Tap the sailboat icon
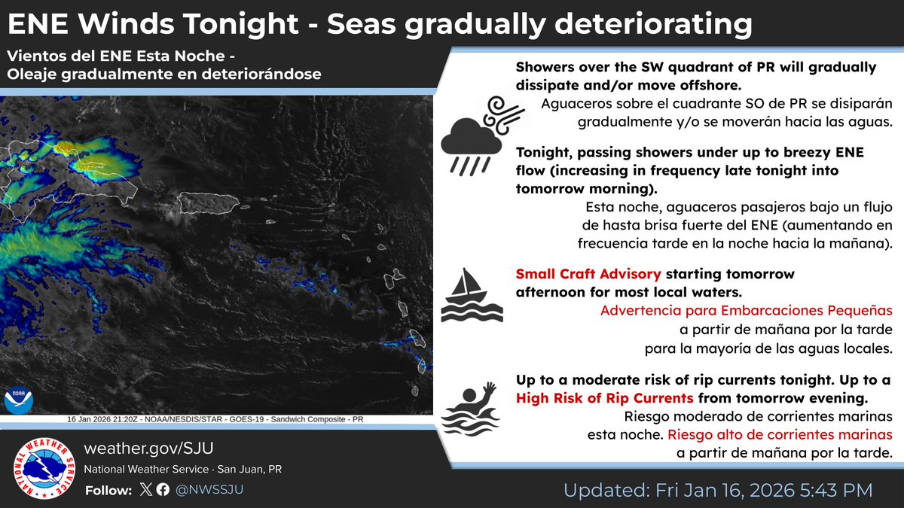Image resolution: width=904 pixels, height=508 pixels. [x=472, y=294]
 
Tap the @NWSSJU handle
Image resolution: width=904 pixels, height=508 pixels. [x=209, y=490]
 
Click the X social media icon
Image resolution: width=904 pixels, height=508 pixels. [x=145, y=490]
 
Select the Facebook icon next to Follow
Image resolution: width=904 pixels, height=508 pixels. [x=163, y=490]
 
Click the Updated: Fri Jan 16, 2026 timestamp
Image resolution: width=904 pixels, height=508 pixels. [x=718, y=491]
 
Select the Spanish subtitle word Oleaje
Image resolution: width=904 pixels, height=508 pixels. [x=31, y=75]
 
